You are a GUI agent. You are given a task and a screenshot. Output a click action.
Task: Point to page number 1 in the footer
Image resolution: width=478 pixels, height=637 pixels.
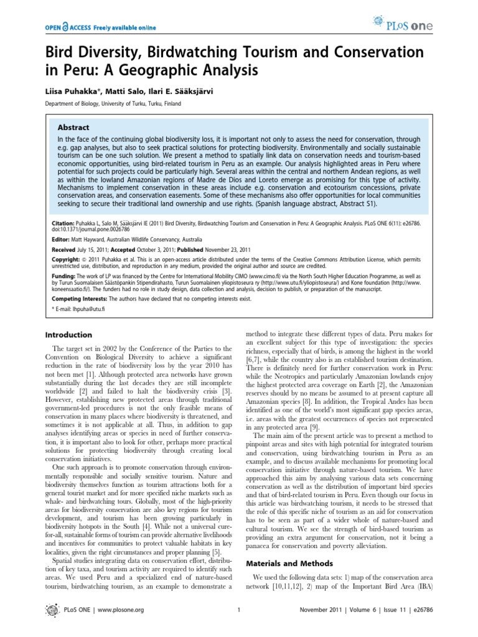click(238, 610)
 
